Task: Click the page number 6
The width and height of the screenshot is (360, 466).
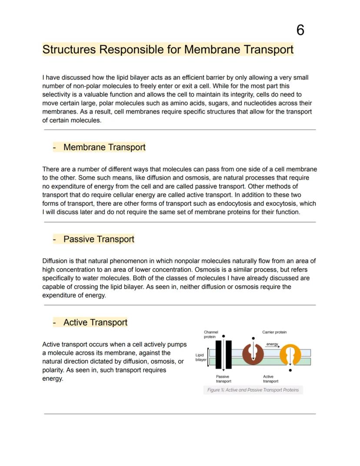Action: coord(300,30)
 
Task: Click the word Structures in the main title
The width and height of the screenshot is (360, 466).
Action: coord(69,49)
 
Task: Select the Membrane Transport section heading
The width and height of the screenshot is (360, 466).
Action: coord(104,147)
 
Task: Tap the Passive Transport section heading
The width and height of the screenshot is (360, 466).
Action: coord(99,239)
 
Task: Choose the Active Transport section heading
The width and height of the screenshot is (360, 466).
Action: coord(95,322)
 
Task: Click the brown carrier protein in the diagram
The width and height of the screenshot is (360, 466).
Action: coord(253,353)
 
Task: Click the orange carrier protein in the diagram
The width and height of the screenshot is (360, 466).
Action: coord(290,355)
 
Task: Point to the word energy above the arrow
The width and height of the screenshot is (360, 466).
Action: coord(272,344)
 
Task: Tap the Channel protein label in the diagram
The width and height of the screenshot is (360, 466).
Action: coord(211,334)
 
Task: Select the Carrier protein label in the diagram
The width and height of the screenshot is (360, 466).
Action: coord(274,332)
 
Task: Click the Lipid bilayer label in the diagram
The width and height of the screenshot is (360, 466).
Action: coord(200,357)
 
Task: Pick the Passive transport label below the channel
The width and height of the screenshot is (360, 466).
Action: coord(223,379)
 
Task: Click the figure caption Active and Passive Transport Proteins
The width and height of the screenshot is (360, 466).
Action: coord(253,390)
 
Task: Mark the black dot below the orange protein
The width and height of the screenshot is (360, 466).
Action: coord(290,370)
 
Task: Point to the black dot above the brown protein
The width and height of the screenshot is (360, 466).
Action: coord(253,338)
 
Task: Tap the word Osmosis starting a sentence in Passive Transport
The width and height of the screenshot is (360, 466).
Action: coord(207,270)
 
